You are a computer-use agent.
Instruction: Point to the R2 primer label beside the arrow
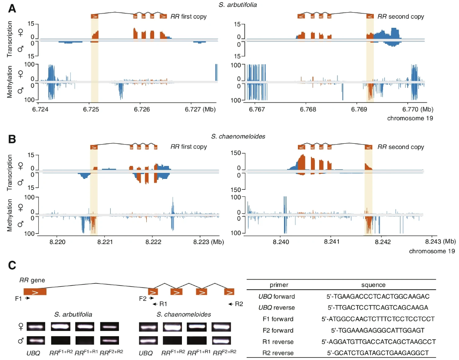(x=239, y=304)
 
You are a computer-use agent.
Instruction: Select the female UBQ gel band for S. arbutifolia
(x=35, y=326)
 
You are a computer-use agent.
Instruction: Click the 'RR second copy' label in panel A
(x=400, y=17)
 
